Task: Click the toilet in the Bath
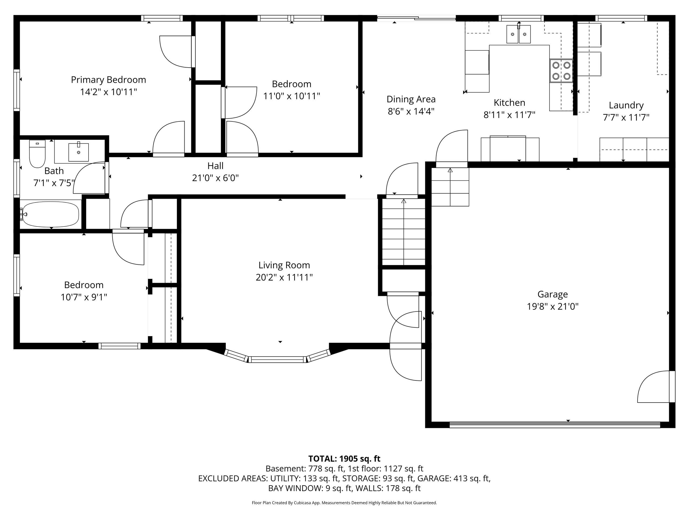pyautogui.click(x=37, y=154)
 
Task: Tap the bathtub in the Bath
pyautogui.click(x=50, y=214)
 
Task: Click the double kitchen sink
pyautogui.click(x=518, y=34)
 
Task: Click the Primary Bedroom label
pyautogui.click(x=108, y=80)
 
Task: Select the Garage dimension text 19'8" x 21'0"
pyautogui.click(x=552, y=306)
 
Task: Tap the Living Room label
pyautogui.click(x=284, y=265)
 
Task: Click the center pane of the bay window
pyautogui.click(x=277, y=359)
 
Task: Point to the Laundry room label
pyautogui.click(x=626, y=105)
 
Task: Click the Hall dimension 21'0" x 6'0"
pyautogui.click(x=215, y=178)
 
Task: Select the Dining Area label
pyautogui.click(x=411, y=99)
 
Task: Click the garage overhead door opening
pyautogui.click(x=554, y=424)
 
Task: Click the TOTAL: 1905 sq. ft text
pyautogui.click(x=344, y=459)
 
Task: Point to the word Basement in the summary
pyautogui.click(x=285, y=469)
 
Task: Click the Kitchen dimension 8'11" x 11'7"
pyautogui.click(x=509, y=115)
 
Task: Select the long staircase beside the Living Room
pyautogui.click(x=403, y=232)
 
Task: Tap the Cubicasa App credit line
pyautogui.click(x=344, y=503)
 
